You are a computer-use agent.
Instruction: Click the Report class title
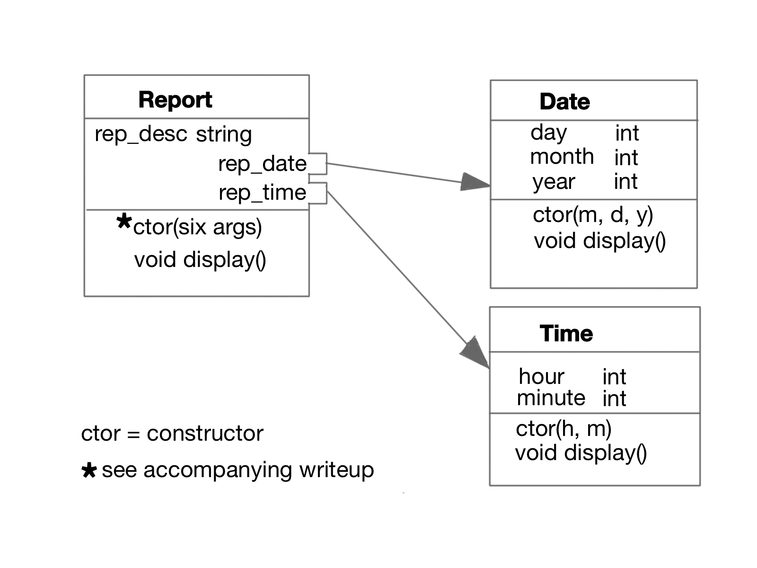175,100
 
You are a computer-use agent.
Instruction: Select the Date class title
564,102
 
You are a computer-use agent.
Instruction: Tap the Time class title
566,334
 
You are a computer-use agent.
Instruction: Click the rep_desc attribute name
141,134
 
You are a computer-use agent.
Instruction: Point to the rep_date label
262,164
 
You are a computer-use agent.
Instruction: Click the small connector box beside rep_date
318,164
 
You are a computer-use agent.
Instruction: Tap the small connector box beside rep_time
318,193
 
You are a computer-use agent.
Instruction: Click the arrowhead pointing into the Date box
475,182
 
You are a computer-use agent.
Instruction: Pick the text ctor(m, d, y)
593,215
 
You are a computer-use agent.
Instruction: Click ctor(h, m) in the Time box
563,429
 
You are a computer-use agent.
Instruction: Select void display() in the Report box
200,260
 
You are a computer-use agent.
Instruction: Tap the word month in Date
562,157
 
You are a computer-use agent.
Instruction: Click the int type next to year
625,182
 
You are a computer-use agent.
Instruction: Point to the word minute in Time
551,398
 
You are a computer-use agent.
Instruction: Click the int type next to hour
614,377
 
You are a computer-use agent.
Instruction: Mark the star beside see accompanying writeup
89,470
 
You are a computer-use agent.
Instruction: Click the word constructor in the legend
205,434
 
